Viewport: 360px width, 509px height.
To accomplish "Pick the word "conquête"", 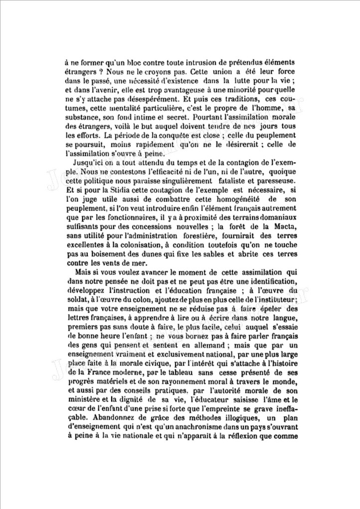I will click(182, 135).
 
